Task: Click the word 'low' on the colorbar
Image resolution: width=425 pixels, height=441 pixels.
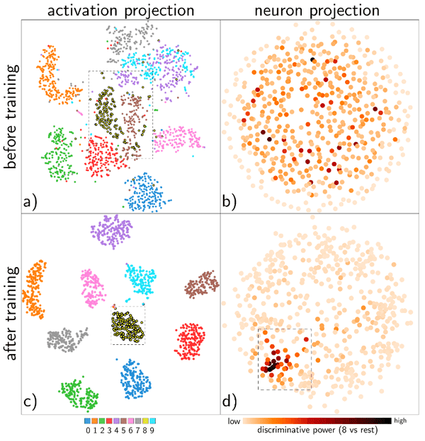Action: point(234,420)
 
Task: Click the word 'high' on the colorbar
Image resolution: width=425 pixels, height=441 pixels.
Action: point(400,420)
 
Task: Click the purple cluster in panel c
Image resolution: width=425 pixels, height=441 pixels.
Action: point(112,231)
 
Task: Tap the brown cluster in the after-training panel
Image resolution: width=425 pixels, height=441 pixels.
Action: point(200,284)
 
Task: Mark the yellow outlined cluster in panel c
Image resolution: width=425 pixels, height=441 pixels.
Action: point(127,324)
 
